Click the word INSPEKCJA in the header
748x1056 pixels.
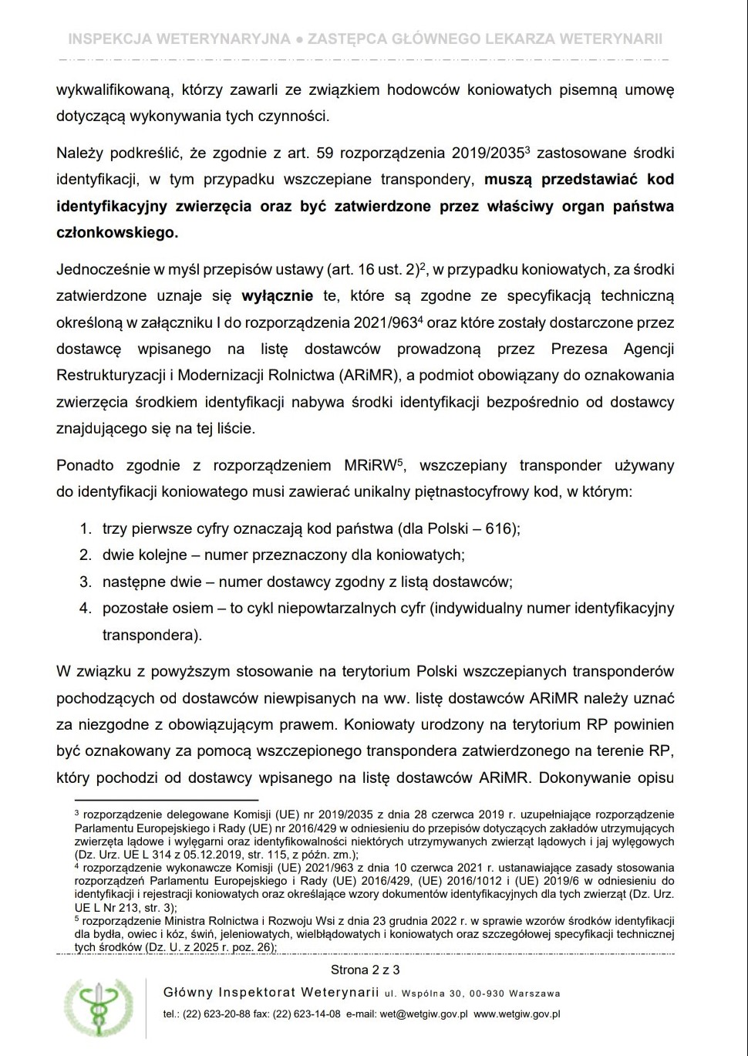(x=106, y=39)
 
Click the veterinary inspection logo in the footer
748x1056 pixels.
(x=98, y=1008)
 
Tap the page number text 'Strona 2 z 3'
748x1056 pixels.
(x=366, y=970)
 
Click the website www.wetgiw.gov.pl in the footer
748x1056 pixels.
(x=517, y=1014)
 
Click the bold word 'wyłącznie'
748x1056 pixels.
(x=278, y=295)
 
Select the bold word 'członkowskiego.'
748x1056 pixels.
(x=117, y=232)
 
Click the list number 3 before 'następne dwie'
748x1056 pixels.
(x=86, y=582)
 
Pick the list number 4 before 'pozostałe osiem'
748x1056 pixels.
(x=86, y=608)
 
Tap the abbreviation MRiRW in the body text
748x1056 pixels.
(x=369, y=466)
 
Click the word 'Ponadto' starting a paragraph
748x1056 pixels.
(x=85, y=466)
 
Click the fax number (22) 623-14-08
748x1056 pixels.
(x=305, y=1014)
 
